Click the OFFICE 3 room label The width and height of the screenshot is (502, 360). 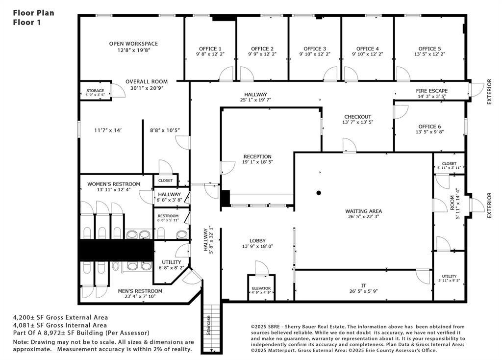point(315,49)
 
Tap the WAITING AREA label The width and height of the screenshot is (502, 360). point(363,211)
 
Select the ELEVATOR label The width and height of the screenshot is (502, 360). point(261,288)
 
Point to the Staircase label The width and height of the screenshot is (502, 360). point(208,325)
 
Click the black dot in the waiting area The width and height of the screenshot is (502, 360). point(319,193)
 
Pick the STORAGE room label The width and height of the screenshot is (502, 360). point(95,91)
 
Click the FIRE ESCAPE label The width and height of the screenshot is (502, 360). point(431,91)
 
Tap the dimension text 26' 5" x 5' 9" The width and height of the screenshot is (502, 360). point(363,291)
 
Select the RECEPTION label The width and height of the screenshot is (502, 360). point(257,156)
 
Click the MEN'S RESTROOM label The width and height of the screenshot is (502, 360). point(140,291)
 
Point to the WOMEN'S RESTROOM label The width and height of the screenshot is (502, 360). point(114,184)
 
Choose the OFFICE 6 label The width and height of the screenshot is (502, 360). point(429,127)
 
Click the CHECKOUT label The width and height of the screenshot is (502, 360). point(357,117)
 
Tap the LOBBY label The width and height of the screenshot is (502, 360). point(258,241)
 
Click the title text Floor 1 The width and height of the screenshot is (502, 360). point(27,23)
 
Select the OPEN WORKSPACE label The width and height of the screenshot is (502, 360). point(133,44)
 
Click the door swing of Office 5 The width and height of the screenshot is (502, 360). point(403,74)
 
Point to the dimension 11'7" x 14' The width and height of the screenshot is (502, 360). point(108,130)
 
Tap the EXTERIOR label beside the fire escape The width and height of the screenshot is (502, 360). point(489,92)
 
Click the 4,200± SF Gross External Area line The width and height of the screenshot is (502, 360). point(60,317)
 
